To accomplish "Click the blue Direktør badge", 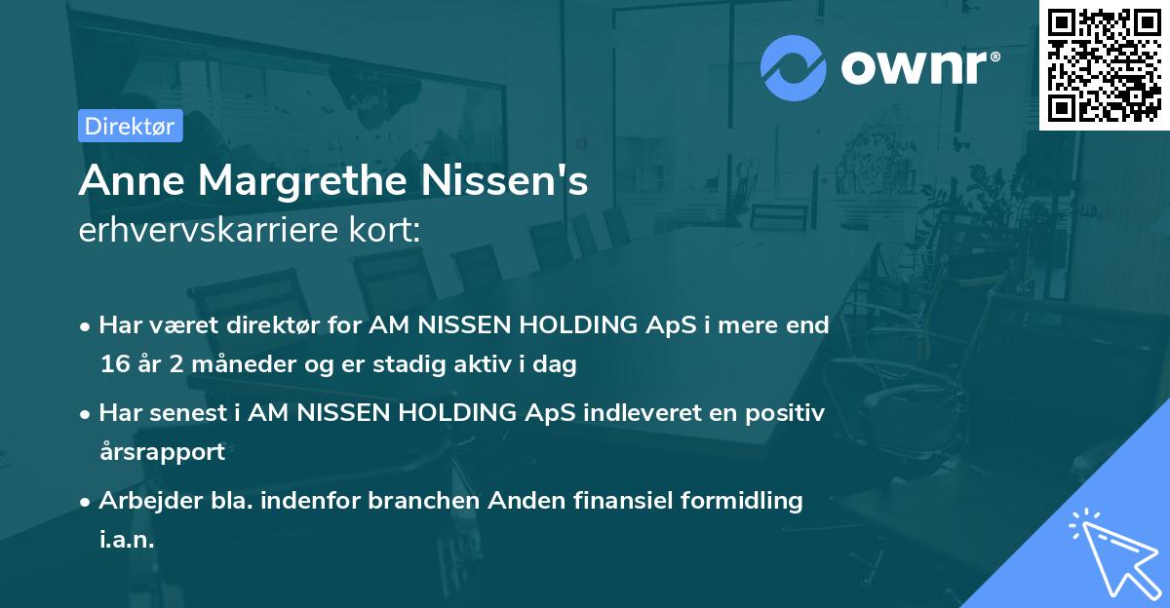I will pyautogui.click(x=131, y=126).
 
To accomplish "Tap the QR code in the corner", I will pyautogui.click(x=1105, y=64).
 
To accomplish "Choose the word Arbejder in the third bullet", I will pyautogui.click(x=142, y=501).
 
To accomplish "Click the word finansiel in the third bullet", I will pyautogui.click(x=581, y=501).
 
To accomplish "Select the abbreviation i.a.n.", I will pyautogui.click(x=127, y=540).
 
